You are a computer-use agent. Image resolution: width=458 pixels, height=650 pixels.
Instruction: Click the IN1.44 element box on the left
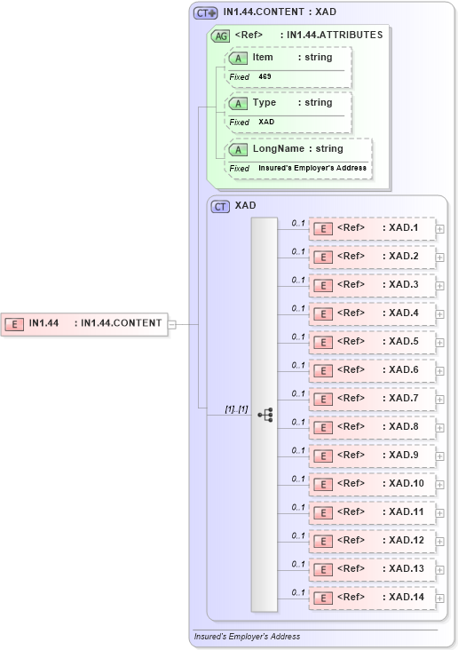click(85, 323)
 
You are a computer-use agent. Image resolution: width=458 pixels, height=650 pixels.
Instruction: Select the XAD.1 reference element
click(372, 228)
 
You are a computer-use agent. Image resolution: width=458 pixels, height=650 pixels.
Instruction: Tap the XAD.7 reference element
click(372, 399)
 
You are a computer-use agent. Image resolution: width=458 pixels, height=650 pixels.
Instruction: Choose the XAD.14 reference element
click(372, 598)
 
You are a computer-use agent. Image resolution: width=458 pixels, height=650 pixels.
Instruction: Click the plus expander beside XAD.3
click(440, 286)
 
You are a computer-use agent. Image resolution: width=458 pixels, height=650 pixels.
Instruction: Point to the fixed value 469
click(265, 77)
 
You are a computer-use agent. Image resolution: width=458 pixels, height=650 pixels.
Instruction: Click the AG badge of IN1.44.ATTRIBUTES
click(219, 36)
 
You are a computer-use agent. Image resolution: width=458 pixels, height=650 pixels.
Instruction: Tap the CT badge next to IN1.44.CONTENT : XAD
click(206, 13)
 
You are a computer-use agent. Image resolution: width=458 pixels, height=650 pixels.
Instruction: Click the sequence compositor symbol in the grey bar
click(265, 415)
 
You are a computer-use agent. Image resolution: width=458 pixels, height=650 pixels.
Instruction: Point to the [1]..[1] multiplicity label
click(236, 409)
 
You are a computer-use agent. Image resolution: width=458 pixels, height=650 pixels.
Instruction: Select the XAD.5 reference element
click(372, 342)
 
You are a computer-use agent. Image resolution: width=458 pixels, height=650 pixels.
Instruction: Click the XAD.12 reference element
click(372, 541)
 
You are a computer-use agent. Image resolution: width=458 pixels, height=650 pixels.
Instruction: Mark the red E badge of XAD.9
click(325, 456)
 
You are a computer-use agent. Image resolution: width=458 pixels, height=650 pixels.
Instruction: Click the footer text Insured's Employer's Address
click(247, 637)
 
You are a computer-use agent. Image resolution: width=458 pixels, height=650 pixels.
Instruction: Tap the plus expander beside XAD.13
click(440, 570)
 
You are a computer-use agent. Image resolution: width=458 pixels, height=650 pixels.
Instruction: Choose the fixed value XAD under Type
click(266, 123)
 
